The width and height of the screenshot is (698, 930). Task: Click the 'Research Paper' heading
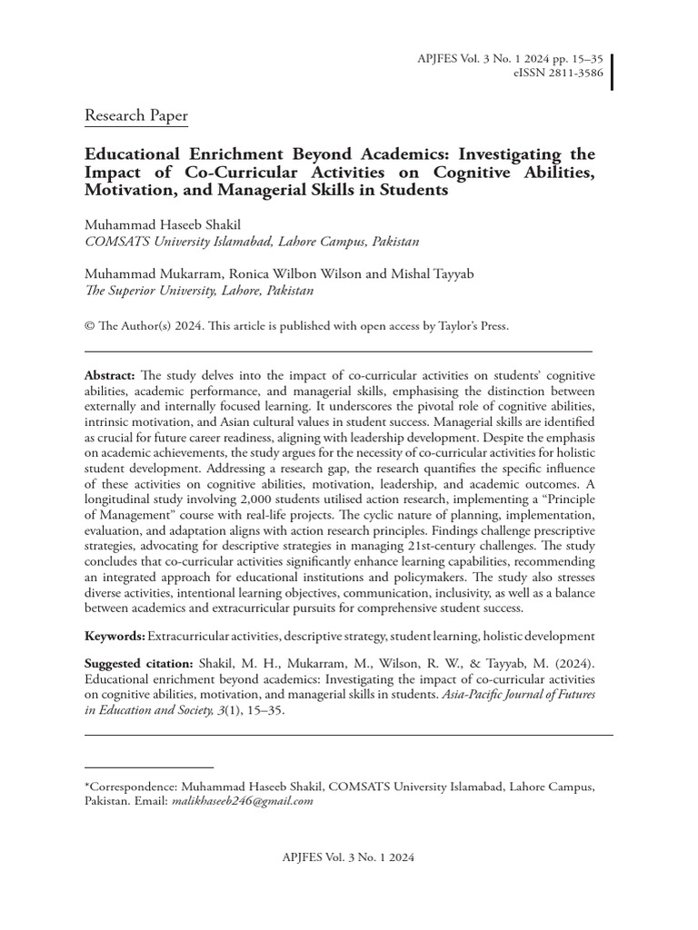pos(136,116)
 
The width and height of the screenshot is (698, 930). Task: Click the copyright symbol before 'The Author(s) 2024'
pos(89,326)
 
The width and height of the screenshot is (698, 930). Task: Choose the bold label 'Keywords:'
pos(115,637)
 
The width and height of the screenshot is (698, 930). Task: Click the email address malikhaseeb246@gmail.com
pos(243,801)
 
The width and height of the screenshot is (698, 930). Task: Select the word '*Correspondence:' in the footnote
pos(130,786)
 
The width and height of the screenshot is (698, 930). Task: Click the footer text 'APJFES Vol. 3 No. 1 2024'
pos(349,856)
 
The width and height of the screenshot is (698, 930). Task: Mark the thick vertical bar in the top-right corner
pos(612,72)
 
